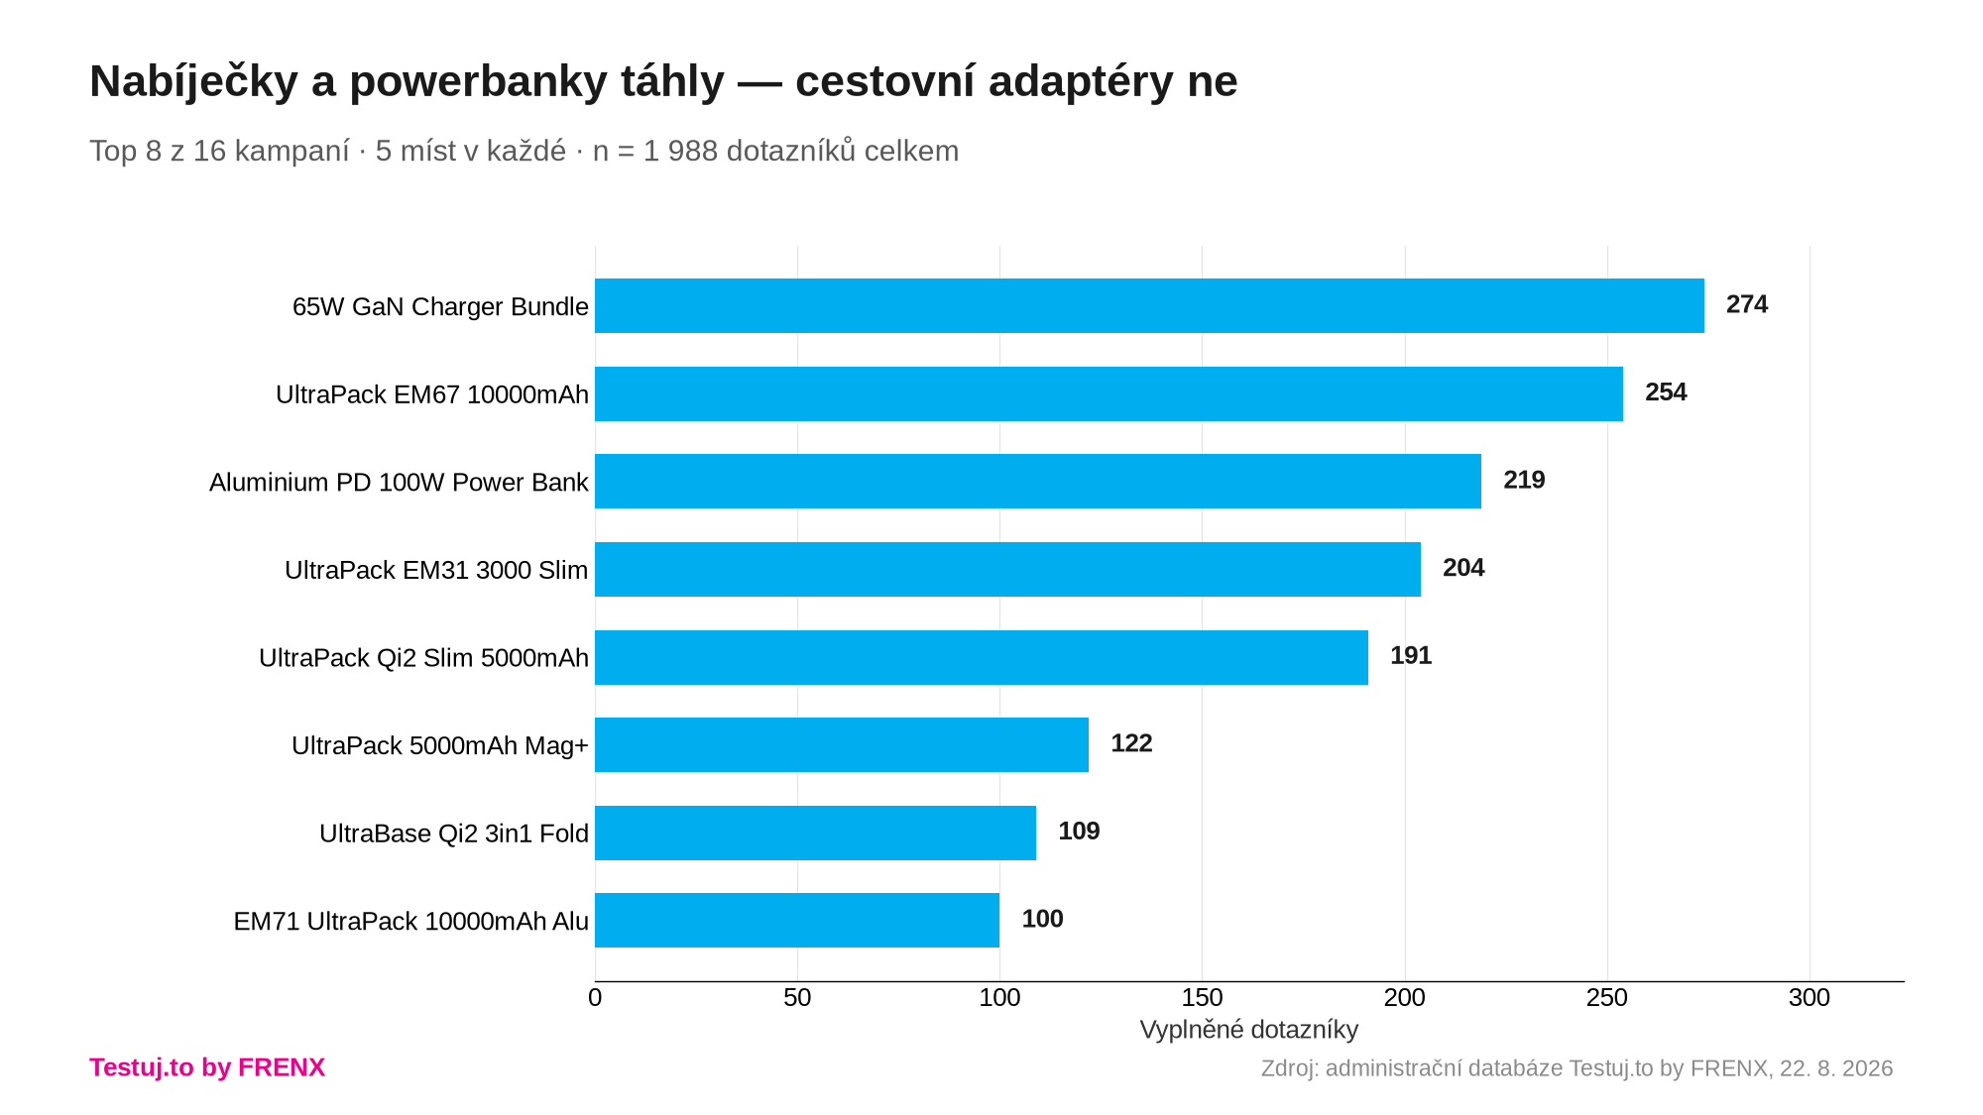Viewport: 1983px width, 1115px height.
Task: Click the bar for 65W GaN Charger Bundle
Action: (1149, 305)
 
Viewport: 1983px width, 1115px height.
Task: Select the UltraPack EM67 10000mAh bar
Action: (1108, 393)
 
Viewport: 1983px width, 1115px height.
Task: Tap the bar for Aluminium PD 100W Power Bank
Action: (1038, 482)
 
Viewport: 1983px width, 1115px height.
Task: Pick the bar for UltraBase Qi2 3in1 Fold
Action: (815, 833)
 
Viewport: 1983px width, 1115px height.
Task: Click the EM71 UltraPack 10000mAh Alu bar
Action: (797, 921)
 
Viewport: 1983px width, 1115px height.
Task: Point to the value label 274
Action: (1747, 304)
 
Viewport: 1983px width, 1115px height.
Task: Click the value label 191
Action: (1411, 655)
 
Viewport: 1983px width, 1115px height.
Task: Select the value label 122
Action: (1131, 743)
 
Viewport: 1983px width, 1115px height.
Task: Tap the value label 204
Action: (1463, 568)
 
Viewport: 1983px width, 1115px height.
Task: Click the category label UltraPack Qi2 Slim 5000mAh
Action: (423, 658)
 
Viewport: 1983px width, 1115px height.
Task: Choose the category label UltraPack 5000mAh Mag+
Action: (440, 745)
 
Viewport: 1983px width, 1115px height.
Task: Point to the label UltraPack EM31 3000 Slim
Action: (436, 570)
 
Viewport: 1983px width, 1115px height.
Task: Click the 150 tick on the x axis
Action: (1202, 997)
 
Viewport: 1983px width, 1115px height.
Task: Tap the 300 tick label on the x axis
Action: (1809, 997)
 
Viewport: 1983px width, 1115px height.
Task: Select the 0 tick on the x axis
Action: (595, 997)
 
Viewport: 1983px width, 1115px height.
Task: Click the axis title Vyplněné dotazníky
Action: (1249, 1030)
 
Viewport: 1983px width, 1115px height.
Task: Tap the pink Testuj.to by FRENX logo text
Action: (207, 1067)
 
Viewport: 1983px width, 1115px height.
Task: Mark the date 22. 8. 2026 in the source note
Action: (1836, 1068)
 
